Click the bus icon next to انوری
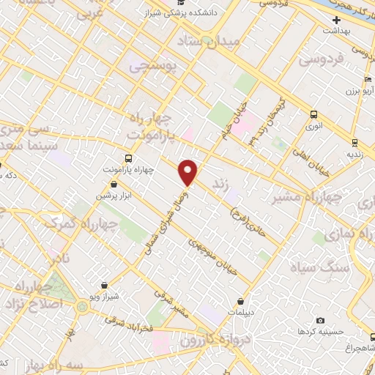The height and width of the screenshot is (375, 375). (x=313, y=114)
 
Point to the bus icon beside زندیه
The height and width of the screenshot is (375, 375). (x=354, y=143)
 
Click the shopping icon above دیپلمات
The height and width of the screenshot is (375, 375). (x=240, y=300)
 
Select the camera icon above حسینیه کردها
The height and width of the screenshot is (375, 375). (x=320, y=320)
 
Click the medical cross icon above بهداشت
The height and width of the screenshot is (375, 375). (x=336, y=20)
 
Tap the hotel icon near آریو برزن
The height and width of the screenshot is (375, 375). (x=366, y=80)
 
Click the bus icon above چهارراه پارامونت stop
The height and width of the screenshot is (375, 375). (x=129, y=158)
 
